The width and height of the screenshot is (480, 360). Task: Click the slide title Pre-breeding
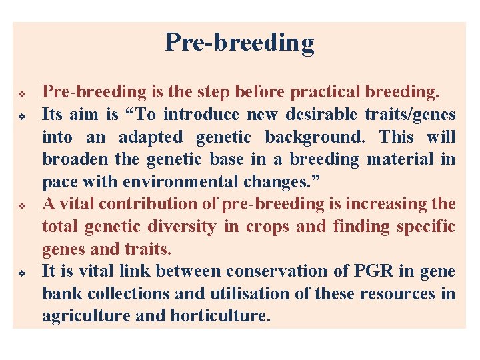point(239,42)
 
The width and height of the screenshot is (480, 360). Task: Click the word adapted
point(150,137)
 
